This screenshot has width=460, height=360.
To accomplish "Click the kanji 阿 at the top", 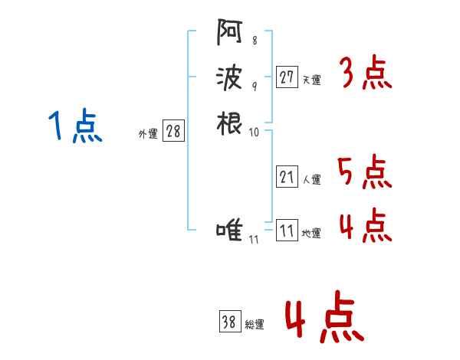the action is click(229, 32).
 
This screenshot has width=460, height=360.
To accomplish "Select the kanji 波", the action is click(229, 78).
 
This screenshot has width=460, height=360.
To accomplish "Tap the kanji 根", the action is click(229, 123).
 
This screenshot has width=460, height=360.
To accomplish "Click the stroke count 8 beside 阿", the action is click(255, 41).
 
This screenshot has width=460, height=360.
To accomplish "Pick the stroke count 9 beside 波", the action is click(255, 87).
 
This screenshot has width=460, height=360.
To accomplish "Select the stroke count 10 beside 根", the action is click(254, 133).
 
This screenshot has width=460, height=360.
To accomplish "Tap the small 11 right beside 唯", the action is click(254, 240).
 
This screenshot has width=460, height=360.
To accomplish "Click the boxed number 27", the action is click(287, 77).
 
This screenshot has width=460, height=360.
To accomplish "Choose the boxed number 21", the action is click(287, 176).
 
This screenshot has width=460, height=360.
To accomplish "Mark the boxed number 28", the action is click(173, 130).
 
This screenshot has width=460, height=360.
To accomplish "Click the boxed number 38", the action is click(230, 321).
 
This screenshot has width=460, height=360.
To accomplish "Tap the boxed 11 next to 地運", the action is click(287, 230).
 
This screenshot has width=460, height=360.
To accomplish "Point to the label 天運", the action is click(312, 80).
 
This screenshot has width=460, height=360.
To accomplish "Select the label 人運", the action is click(312, 179).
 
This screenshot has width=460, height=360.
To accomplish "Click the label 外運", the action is click(148, 134).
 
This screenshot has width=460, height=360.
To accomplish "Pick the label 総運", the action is click(255, 324).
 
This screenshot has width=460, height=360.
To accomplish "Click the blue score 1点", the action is click(75, 126).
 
